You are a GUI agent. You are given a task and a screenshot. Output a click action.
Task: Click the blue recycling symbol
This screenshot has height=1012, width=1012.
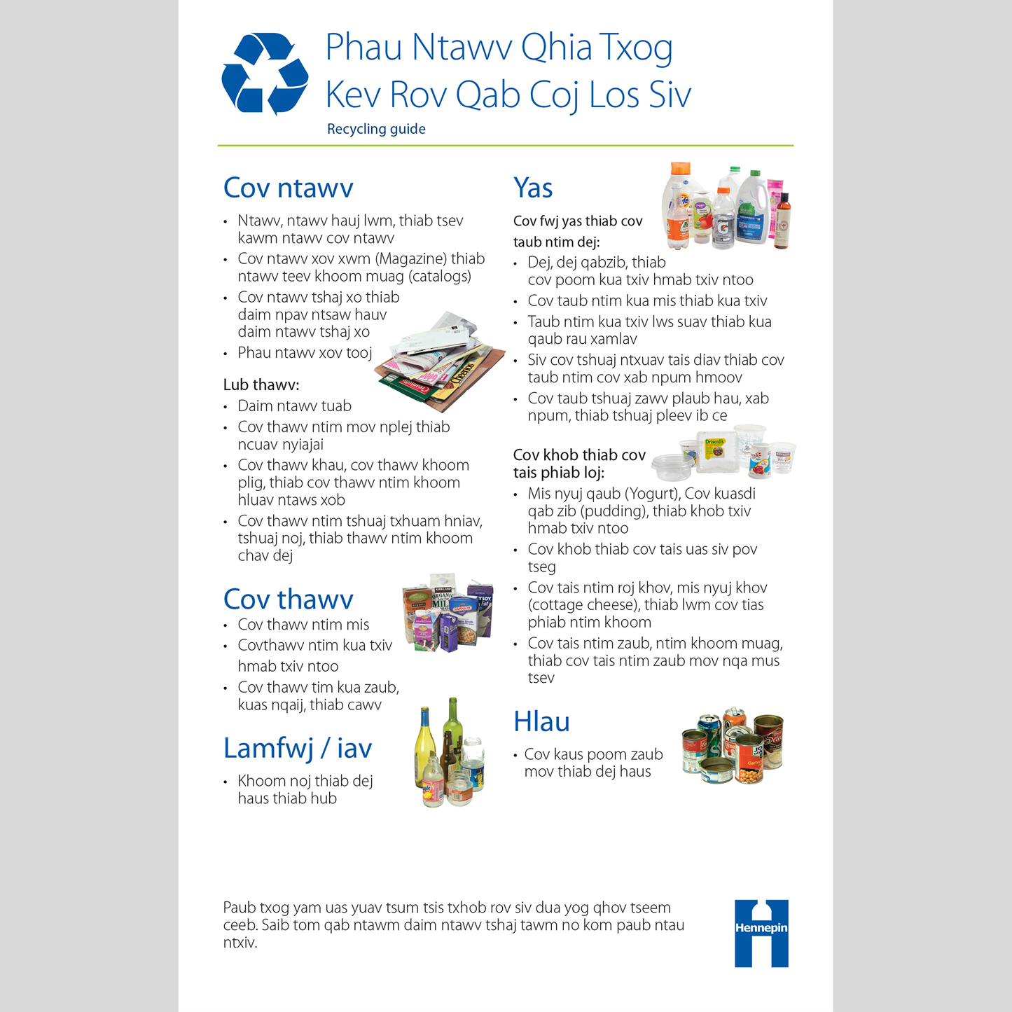coord(265,74)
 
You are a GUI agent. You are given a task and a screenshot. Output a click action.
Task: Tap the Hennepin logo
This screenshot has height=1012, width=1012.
coord(761,933)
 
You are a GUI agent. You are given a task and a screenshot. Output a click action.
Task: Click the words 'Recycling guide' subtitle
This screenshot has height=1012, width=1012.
coord(376,129)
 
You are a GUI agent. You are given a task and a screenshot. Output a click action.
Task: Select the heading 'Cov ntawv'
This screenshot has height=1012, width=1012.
coord(288,188)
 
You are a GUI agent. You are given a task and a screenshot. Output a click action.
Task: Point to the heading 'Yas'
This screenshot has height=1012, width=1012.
coord(533,188)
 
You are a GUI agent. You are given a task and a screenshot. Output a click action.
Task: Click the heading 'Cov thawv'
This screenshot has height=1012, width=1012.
coord(288,599)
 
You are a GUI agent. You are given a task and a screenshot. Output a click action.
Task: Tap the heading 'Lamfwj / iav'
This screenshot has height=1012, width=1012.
coord(297,748)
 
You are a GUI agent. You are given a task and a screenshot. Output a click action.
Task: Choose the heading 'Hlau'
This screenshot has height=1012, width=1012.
coord(541,721)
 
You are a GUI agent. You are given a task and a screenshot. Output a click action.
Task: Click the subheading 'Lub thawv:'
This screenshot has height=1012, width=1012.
coord(261,384)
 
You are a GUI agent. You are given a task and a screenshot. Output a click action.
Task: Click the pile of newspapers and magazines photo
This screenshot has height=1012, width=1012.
coord(441,364)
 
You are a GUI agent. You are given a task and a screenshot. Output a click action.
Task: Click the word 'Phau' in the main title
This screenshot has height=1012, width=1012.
coord(363,48)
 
